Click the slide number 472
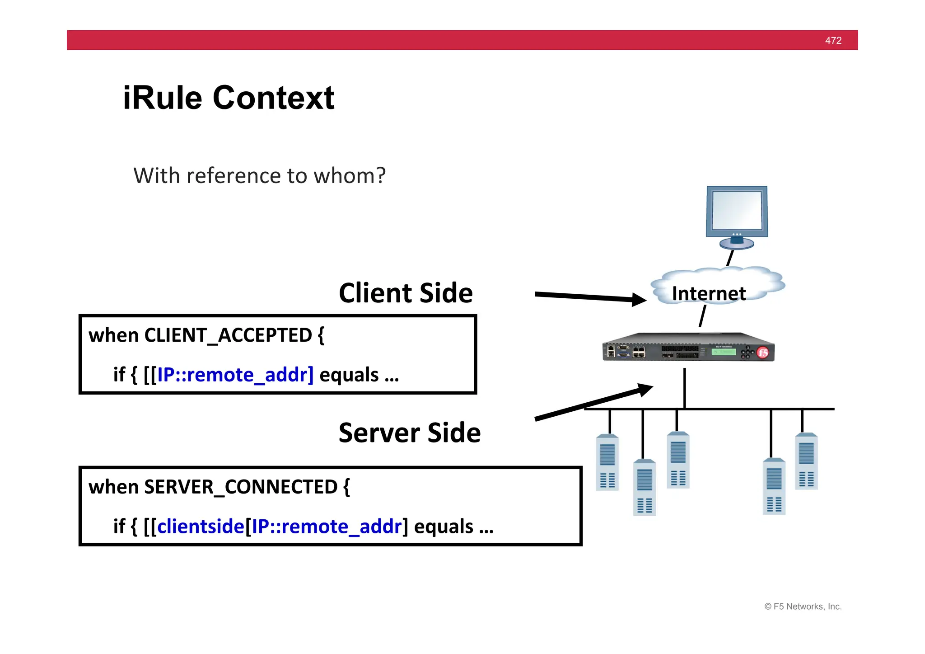(833, 41)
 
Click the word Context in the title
(273, 98)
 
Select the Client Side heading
(405, 293)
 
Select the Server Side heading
(409, 433)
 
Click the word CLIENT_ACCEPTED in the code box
(228, 335)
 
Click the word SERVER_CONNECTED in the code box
(241, 487)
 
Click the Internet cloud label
(708, 294)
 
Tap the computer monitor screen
(737, 211)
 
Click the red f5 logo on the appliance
(763, 353)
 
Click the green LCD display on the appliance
(724, 352)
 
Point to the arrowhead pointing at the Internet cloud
(639, 299)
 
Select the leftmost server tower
(607, 462)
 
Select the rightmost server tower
(806, 461)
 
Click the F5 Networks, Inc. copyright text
(803, 607)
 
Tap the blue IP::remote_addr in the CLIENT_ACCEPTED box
(235, 375)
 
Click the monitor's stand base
(736, 244)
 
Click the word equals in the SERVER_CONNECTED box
(444, 527)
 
